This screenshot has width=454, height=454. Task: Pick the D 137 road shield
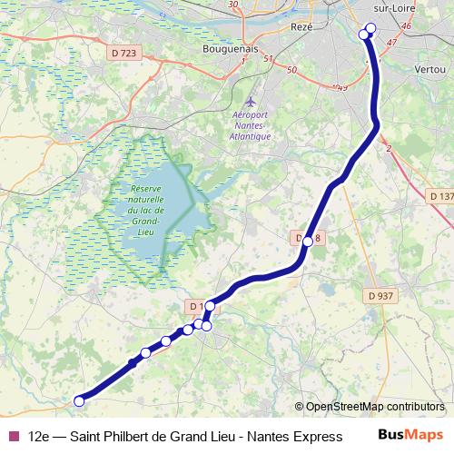tap(440, 195)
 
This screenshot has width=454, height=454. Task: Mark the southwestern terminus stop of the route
tap(79, 400)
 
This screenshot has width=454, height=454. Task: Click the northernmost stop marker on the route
tap(370, 27)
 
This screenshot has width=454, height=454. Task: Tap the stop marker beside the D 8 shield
tap(308, 242)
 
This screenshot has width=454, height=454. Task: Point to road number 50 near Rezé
tap(291, 70)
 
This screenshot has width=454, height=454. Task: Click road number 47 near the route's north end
tap(392, 43)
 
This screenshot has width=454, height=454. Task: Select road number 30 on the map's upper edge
tap(233, 5)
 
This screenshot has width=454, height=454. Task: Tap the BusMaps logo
tap(410, 435)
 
